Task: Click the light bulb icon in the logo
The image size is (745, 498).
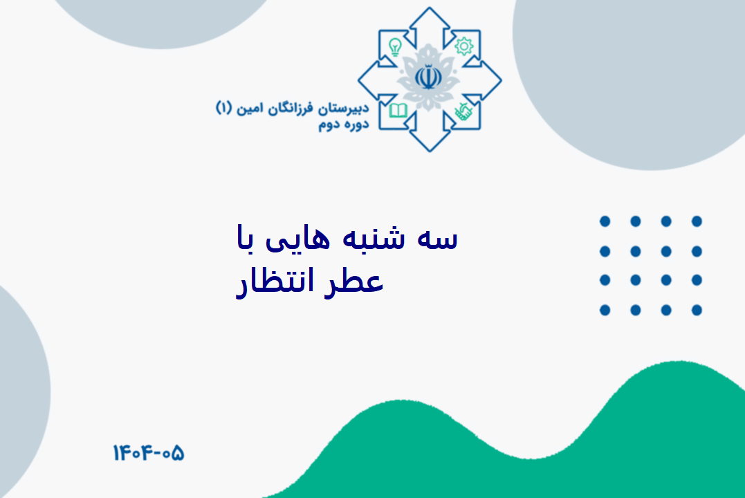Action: click(x=395, y=47)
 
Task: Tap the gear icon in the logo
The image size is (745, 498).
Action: click(x=463, y=46)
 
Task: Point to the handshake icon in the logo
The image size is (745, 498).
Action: click(x=463, y=111)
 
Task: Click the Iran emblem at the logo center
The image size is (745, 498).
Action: click(x=429, y=77)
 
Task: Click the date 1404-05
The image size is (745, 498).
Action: click(x=148, y=453)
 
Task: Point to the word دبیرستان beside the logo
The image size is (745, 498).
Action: click(x=344, y=109)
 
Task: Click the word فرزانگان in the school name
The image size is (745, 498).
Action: click(x=290, y=109)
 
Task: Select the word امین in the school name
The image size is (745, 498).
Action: click(x=250, y=109)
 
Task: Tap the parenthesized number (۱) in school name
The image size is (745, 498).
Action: click(x=224, y=108)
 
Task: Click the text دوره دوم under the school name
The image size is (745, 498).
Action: click(x=344, y=125)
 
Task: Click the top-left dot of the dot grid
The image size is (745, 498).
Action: click(x=605, y=221)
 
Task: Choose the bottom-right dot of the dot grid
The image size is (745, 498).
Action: click(x=697, y=311)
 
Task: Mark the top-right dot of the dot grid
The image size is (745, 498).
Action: click(x=697, y=221)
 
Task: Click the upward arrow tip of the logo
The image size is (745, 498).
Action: click(x=430, y=8)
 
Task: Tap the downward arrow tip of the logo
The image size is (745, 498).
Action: click(x=430, y=151)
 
